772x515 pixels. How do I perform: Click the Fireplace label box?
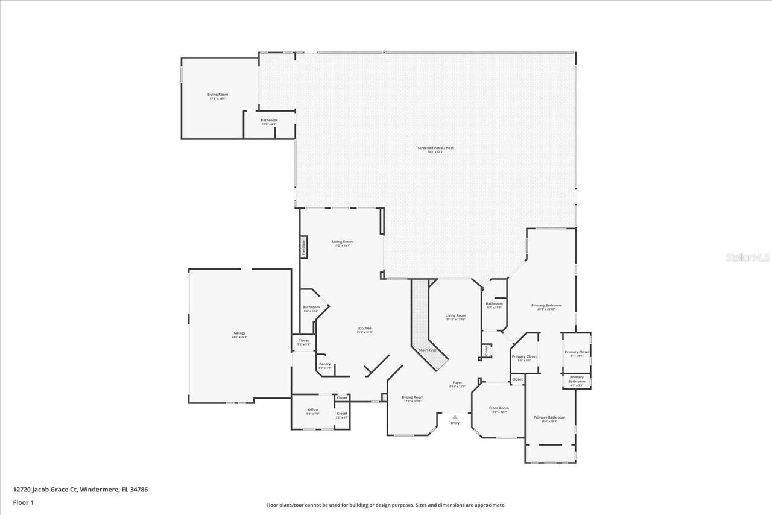click(x=304, y=247)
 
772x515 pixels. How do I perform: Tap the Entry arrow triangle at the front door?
click(x=455, y=416)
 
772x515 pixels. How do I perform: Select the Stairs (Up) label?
click(x=428, y=350)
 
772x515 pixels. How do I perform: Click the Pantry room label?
click(x=324, y=364)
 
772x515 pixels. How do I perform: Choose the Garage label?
click(x=239, y=333)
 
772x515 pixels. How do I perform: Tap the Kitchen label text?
click(x=364, y=329)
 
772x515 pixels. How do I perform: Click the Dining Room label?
click(x=413, y=397)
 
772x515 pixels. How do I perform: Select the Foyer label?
click(x=457, y=383)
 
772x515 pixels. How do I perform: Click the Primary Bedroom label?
click(x=546, y=305)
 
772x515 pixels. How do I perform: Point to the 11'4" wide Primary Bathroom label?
click(x=549, y=417)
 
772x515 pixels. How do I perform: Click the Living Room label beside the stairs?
click(x=455, y=315)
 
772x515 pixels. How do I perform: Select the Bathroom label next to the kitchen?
click(x=311, y=307)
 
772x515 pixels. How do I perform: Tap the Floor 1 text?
click(x=23, y=502)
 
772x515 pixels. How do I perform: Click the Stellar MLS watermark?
click(x=748, y=257)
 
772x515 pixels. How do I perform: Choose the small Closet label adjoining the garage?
click(x=303, y=341)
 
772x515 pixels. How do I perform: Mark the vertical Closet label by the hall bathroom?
click(x=486, y=350)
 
